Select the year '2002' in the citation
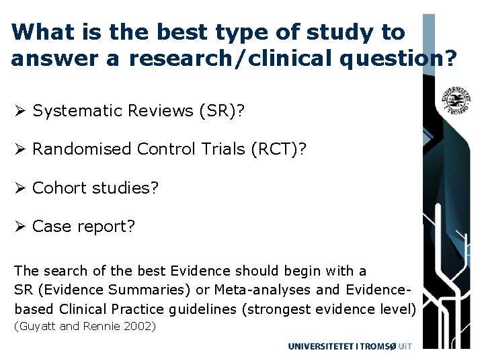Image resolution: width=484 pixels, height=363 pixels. [141, 327]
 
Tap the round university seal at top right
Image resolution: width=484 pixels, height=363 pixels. [455, 100]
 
